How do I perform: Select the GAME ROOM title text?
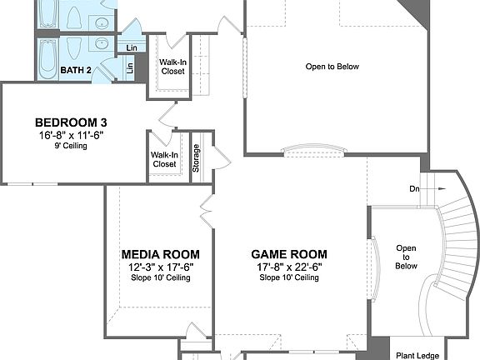[x=289, y=254]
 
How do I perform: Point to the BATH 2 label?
[x=77, y=70]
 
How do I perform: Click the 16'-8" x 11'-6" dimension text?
[x=70, y=134]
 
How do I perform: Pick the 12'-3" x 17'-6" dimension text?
[x=160, y=267]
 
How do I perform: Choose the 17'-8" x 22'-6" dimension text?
[x=289, y=267]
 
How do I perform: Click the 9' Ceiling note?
[x=70, y=145]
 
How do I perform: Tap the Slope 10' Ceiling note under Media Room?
[x=160, y=277]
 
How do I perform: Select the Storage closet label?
[x=197, y=158]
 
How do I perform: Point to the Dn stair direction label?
[x=414, y=188]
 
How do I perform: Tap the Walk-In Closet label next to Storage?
[x=163, y=159]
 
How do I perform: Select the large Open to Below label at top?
[x=332, y=67]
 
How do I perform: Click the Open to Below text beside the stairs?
[x=406, y=257]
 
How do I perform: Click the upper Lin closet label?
[x=132, y=48]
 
